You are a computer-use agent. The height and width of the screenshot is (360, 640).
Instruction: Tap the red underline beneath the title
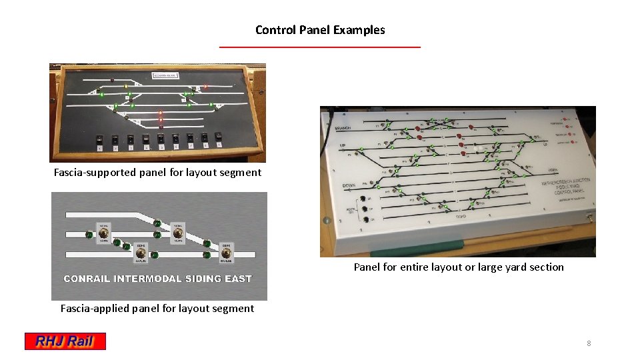point(320,47)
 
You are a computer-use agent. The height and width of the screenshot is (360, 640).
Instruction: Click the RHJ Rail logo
point(65,341)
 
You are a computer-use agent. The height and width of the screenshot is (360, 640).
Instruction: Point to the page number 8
point(589,343)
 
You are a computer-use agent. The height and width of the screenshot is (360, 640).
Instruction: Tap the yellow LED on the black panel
point(126,86)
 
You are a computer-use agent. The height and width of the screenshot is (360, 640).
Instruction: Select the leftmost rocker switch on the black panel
point(99,139)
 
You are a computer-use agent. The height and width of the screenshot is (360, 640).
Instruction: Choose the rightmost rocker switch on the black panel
point(219,139)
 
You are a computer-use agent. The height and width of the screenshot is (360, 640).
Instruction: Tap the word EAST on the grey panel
point(238,279)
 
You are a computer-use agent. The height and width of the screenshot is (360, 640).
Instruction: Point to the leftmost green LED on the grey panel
point(89,235)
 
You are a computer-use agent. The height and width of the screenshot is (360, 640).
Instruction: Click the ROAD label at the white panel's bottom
point(460,217)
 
